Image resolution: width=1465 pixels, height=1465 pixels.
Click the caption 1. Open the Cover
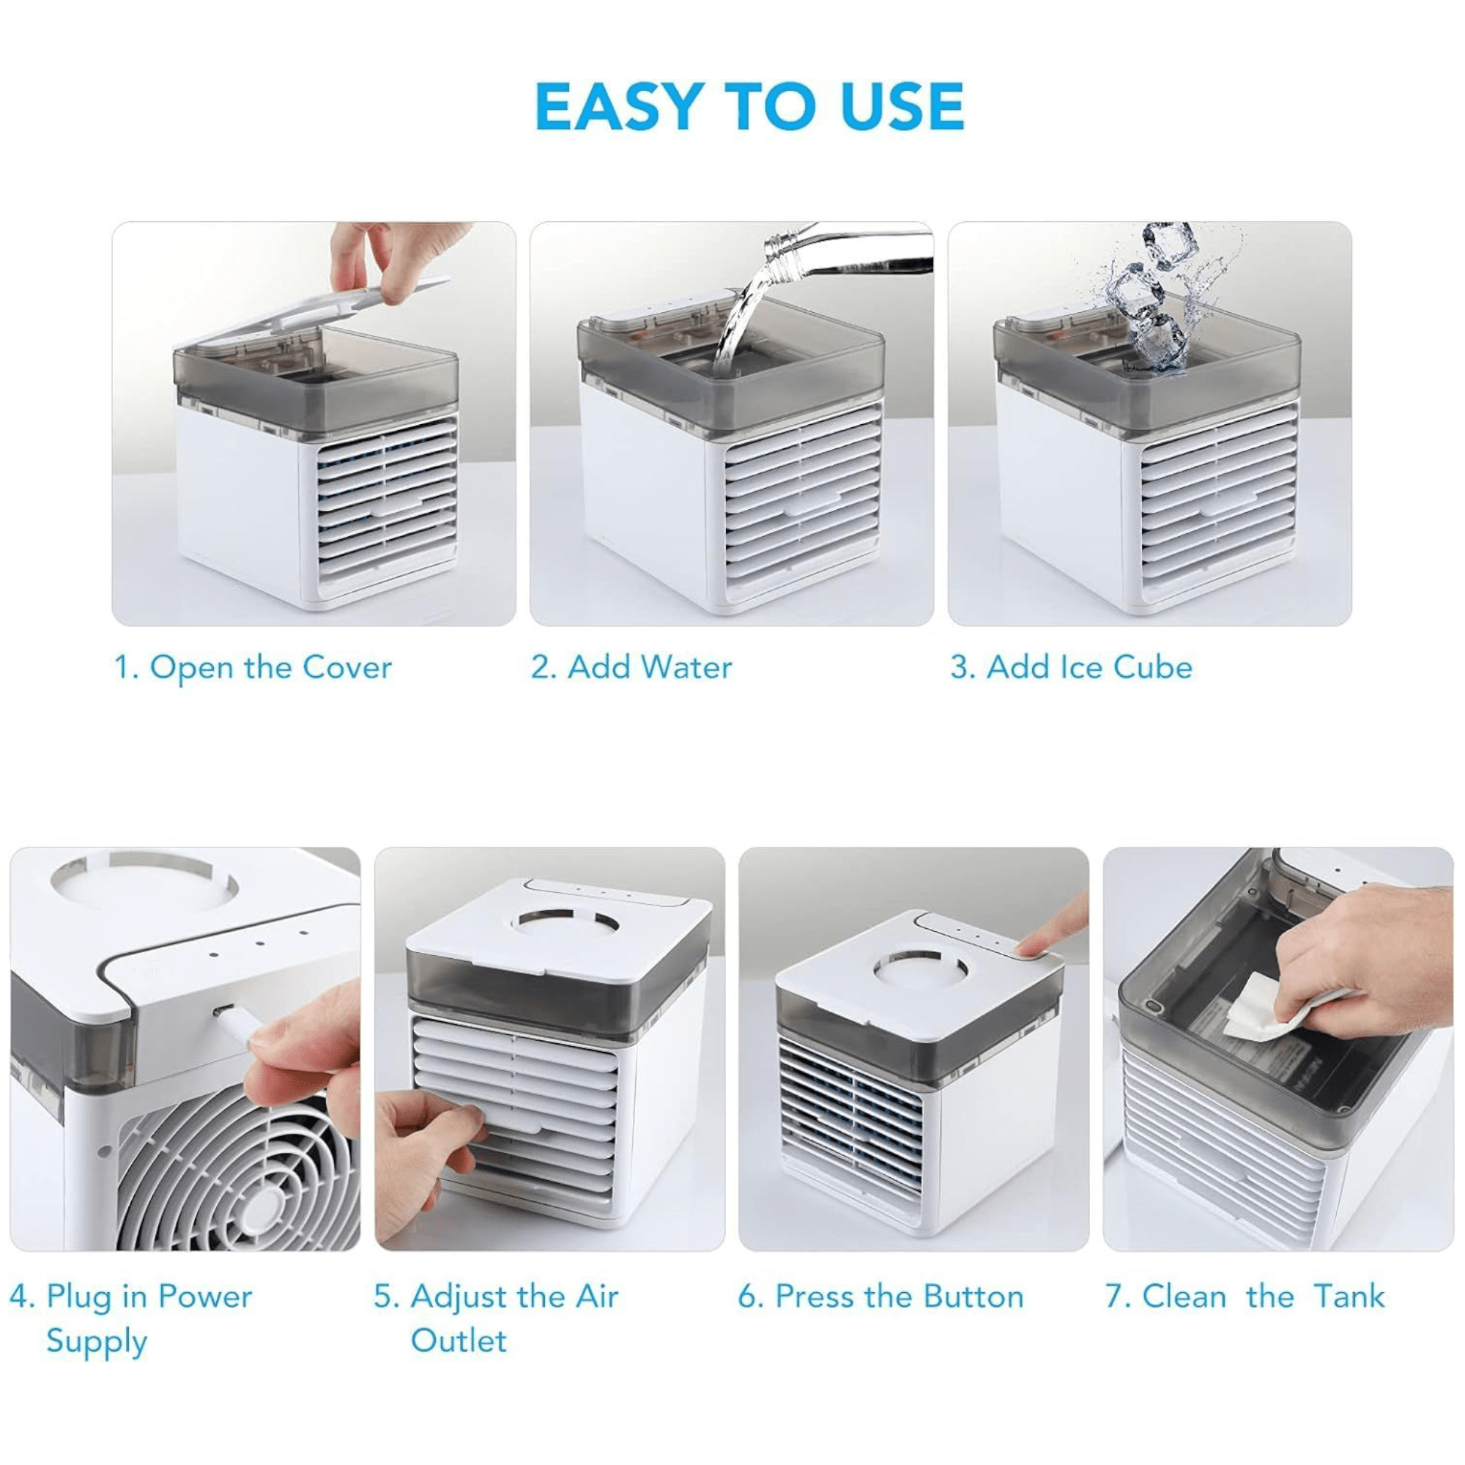point(253,668)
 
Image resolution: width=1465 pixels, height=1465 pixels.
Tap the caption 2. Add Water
point(631,667)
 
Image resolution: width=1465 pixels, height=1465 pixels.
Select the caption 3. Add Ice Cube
point(1072,667)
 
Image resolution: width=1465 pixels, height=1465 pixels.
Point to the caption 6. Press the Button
point(881,1296)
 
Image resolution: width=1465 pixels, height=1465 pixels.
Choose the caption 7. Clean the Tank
point(1245,1296)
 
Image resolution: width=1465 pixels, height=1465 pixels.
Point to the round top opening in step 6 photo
point(919,971)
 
